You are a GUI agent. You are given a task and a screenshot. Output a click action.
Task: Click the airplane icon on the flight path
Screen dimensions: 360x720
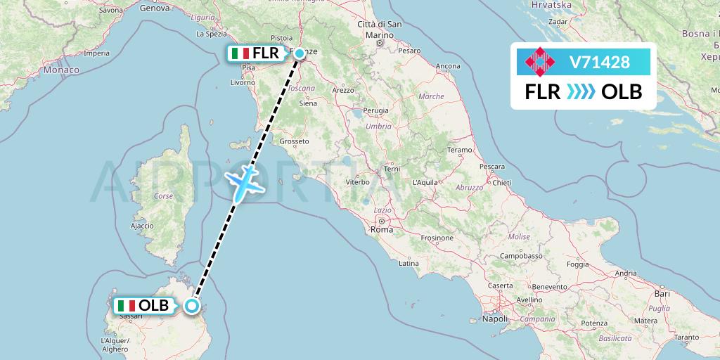point(243,181)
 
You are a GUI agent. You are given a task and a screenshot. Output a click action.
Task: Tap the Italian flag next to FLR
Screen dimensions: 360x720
point(240,53)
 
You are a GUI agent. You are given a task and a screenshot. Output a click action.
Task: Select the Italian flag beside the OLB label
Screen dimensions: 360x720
point(127,306)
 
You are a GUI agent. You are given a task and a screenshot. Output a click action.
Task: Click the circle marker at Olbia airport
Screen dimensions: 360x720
point(191,306)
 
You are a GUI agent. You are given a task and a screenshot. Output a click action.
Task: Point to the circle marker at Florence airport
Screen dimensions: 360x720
point(299,53)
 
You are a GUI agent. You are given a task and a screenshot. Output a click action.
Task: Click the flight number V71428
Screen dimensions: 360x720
point(600,63)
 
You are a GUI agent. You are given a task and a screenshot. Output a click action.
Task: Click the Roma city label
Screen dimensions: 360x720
point(382,230)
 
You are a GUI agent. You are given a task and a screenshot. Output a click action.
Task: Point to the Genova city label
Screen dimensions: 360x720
point(155,9)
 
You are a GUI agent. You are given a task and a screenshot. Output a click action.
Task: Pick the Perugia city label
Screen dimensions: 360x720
point(376,111)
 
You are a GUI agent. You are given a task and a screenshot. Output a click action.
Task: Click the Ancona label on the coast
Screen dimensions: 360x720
point(448,67)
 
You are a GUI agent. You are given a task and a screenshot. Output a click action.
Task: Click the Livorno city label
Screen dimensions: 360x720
point(243,82)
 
